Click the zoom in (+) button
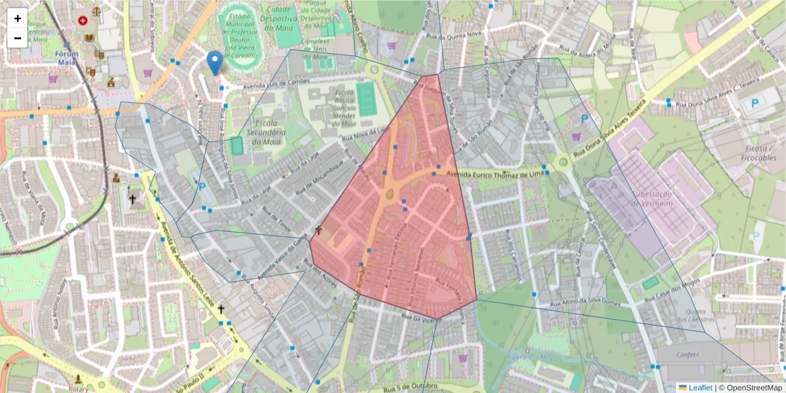(18, 19)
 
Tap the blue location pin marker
(214, 63)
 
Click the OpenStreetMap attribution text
(754, 388)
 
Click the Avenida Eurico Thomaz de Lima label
(495, 174)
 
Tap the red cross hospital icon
(83, 20)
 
